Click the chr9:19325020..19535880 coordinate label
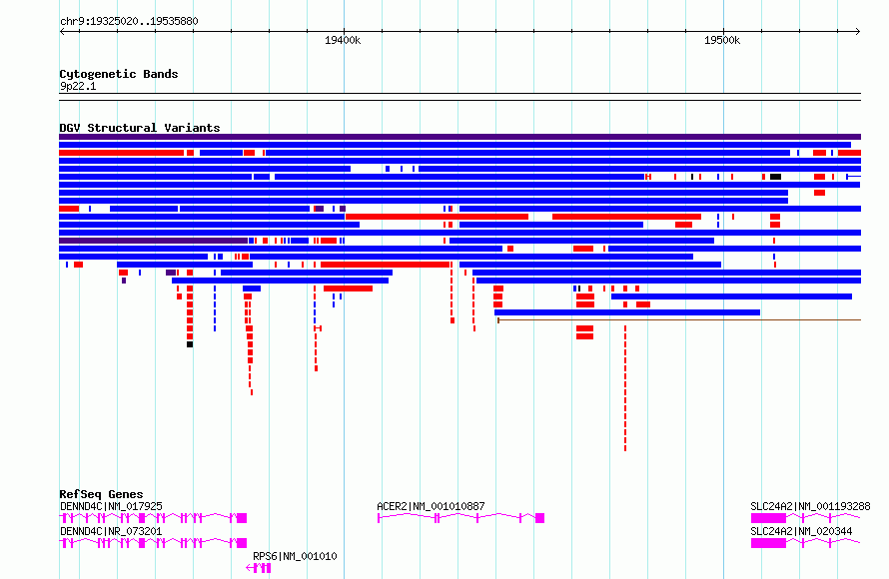[129, 21]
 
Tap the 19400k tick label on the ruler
[343, 40]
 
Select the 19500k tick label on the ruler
[722, 40]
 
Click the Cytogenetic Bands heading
[119, 74]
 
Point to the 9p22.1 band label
[78, 86]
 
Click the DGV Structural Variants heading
[140, 128]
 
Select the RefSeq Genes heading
[101, 494]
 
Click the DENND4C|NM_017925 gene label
[111, 506]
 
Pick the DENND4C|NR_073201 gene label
[111, 531]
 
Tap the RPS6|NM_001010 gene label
[295, 556]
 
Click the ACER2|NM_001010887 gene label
[431, 506]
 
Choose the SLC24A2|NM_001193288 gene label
[810, 506]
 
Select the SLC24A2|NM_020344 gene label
[801, 531]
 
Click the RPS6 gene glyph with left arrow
[259, 568]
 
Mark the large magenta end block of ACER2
[539, 518]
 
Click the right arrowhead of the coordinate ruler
[858, 32]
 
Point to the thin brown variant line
[679, 320]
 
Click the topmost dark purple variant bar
[459, 137]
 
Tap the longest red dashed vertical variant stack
[625, 388]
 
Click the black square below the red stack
[190, 344]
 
